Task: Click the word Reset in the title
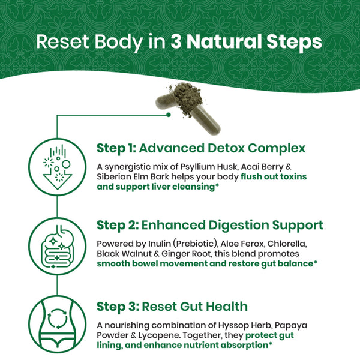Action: (x=62, y=41)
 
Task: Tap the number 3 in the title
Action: (x=176, y=41)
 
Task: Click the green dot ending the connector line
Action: (x=169, y=115)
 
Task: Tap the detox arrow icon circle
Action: (x=58, y=167)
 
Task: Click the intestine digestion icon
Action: (x=58, y=246)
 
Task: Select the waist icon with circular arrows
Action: (x=58, y=325)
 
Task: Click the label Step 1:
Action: (x=116, y=148)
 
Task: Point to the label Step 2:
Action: (x=118, y=225)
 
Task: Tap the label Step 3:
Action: (x=118, y=307)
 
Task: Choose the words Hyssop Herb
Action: (x=245, y=326)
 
